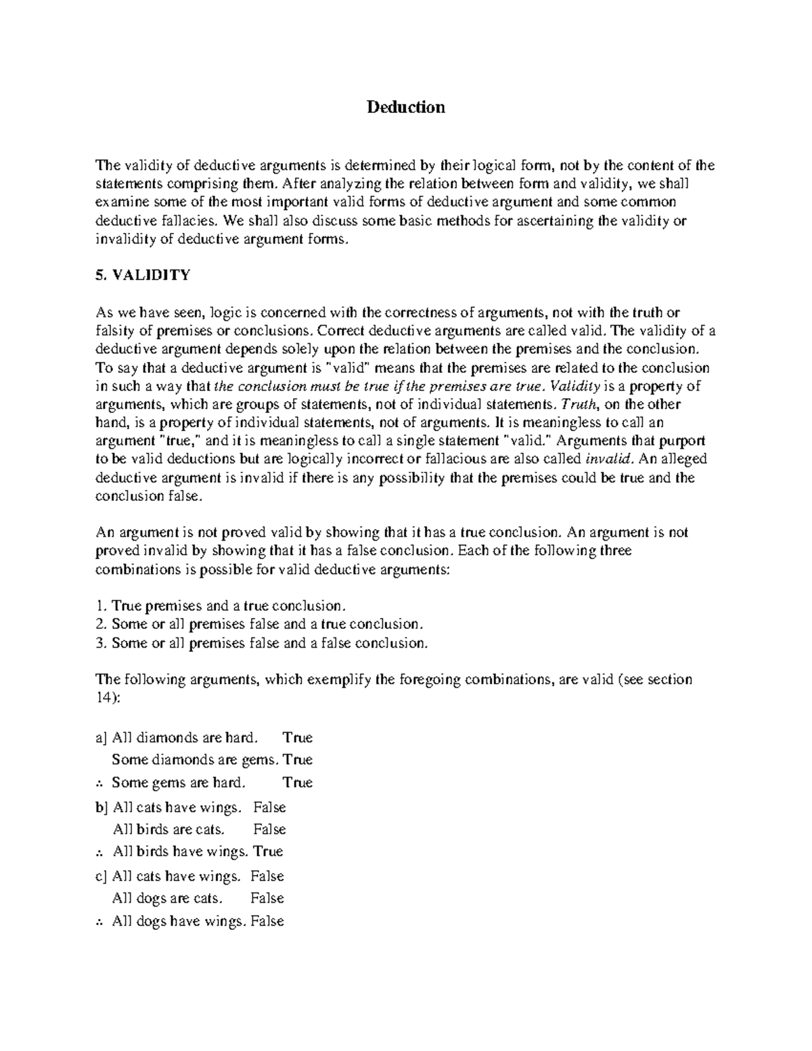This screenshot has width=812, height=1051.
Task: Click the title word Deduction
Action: pyautogui.click(x=406, y=107)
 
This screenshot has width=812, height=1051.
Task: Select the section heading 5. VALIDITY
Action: pyautogui.click(x=143, y=275)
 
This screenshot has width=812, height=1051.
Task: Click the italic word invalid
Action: pyautogui.click(x=609, y=460)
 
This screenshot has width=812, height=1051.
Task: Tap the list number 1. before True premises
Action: pyautogui.click(x=101, y=606)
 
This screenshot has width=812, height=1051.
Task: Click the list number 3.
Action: pyautogui.click(x=101, y=643)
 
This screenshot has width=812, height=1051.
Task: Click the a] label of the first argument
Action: pyautogui.click(x=101, y=738)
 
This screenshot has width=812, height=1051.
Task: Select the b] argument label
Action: pyautogui.click(x=102, y=807)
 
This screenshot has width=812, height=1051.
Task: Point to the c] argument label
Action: pyautogui.click(x=101, y=876)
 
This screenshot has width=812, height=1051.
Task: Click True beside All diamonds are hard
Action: pyautogui.click(x=298, y=738)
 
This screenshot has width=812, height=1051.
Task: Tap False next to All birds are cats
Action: pyautogui.click(x=269, y=830)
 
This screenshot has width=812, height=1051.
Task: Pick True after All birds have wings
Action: pyautogui.click(x=268, y=851)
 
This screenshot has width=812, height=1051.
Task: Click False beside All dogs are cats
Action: pyautogui.click(x=267, y=899)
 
